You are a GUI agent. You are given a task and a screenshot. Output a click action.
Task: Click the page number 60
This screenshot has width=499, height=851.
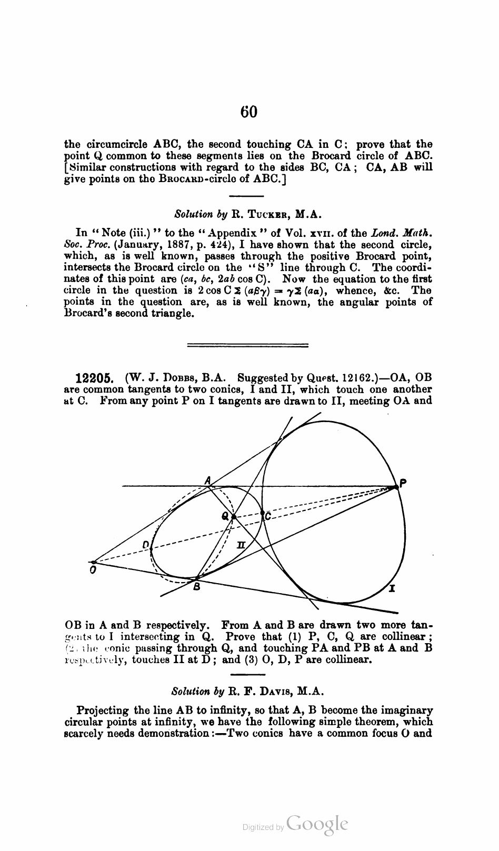[x=249, y=112]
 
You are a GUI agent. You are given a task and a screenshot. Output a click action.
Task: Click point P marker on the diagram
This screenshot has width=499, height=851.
[x=395, y=488]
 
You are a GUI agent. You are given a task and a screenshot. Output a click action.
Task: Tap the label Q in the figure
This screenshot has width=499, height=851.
[x=225, y=516]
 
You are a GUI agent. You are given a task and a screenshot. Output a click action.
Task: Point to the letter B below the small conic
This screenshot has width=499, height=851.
[x=196, y=586]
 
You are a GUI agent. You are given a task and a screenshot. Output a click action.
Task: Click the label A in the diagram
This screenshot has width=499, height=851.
[x=208, y=480]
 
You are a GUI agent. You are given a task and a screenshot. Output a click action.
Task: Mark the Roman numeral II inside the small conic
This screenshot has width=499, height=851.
[x=241, y=545]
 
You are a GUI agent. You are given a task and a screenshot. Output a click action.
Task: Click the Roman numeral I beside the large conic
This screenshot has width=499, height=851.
[x=392, y=588]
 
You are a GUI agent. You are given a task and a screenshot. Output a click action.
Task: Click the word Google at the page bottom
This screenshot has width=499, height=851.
[x=317, y=824]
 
